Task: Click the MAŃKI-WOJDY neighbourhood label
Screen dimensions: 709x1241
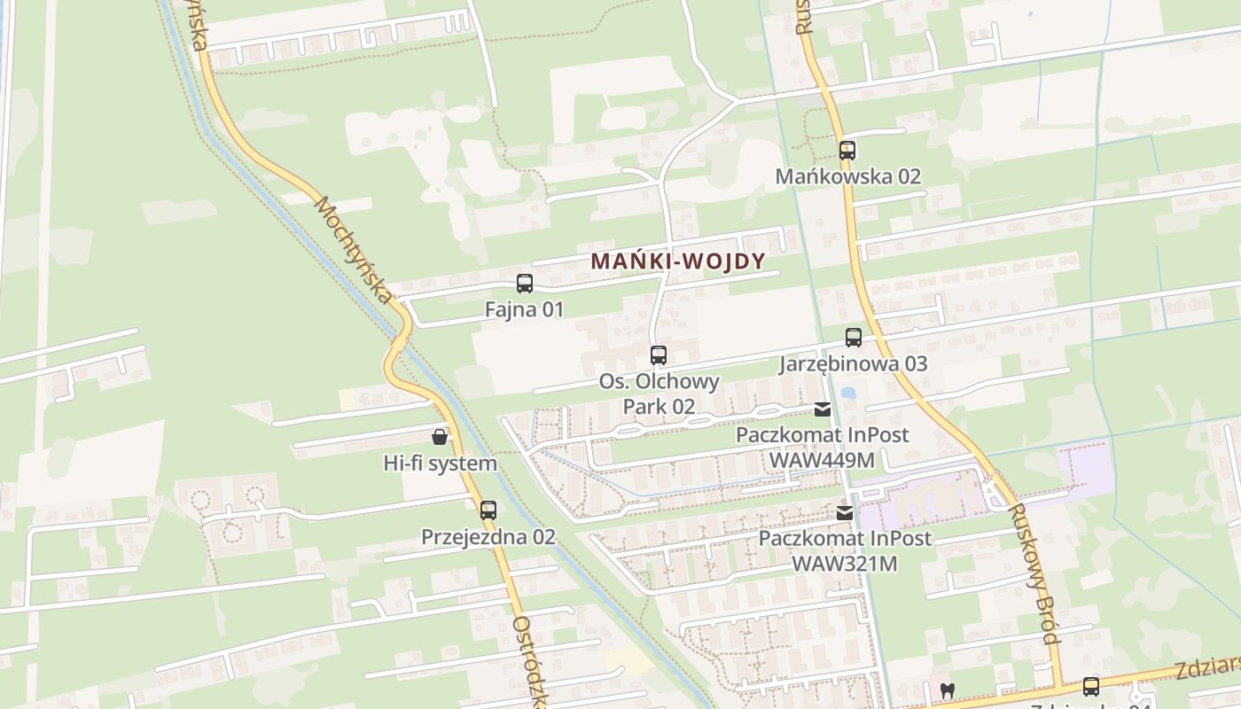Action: pos(677,261)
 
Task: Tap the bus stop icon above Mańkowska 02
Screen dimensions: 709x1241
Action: pos(847,151)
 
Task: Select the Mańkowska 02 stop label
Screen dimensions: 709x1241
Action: pos(848,176)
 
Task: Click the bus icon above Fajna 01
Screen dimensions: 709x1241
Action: pos(525,284)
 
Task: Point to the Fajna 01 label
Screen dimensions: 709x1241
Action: pos(524,309)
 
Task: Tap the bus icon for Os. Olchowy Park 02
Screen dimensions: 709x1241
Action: pos(658,355)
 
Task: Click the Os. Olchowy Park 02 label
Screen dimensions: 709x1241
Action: pos(659,393)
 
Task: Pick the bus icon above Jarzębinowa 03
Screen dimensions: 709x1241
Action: pos(853,338)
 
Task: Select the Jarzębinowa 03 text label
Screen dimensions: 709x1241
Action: pos(854,363)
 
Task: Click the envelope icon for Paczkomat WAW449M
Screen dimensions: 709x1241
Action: pos(823,409)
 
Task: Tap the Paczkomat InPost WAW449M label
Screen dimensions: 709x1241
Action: pos(823,448)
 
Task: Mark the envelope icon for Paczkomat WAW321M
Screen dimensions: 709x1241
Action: pos(845,512)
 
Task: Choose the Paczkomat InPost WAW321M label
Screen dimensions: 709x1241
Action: pos(845,550)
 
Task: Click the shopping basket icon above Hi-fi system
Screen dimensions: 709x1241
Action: pos(440,436)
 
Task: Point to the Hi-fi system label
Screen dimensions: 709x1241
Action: pos(440,463)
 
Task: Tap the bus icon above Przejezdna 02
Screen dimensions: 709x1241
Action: pos(488,510)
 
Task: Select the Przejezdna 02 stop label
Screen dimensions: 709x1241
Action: pos(488,536)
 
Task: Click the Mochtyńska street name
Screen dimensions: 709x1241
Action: pos(353,250)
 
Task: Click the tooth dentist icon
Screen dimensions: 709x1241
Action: pos(948,690)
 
